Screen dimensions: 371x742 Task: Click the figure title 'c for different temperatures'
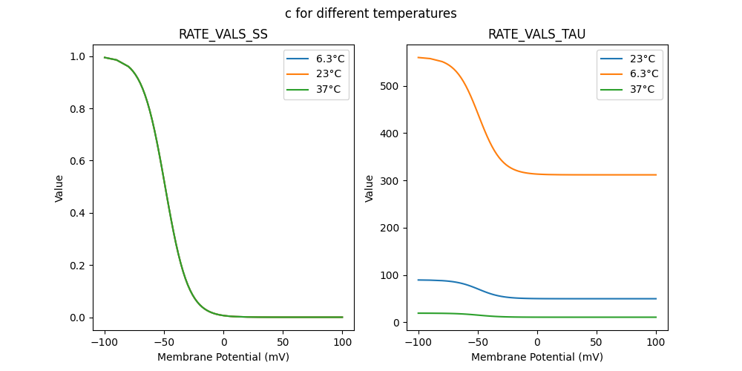click(370, 13)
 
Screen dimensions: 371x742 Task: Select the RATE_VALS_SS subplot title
click(223, 34)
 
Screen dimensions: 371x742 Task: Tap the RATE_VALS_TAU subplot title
click(536, 34)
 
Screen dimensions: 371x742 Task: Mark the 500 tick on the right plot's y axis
click(391, 86)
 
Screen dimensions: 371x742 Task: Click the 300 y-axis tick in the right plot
click(391, 181)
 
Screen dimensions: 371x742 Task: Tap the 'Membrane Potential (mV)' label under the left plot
click(223, 357)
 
